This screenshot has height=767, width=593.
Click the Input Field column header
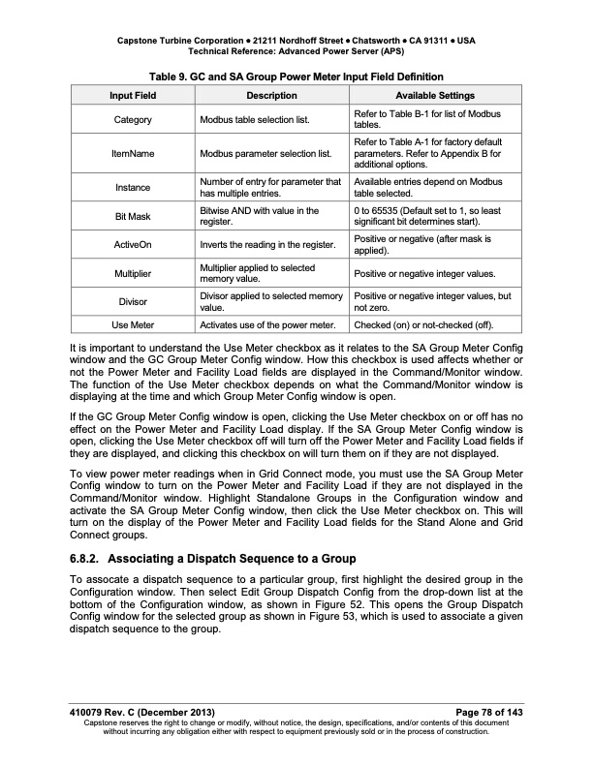tap(133, 96)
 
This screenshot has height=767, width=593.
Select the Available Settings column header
tap(434, 96)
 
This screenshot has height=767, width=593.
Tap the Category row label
tap(133, 120)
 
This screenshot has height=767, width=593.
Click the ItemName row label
tap(133, 153)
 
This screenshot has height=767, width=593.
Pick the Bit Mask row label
tap(133, 215)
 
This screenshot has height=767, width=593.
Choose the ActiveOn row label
tap(133, 243)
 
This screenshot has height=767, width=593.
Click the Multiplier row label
tap(133, 273)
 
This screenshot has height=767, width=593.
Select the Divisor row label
tap(133, 301)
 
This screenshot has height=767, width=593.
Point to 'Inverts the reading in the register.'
tap(268, 243)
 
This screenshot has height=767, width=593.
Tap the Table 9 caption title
tap(296, 77)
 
